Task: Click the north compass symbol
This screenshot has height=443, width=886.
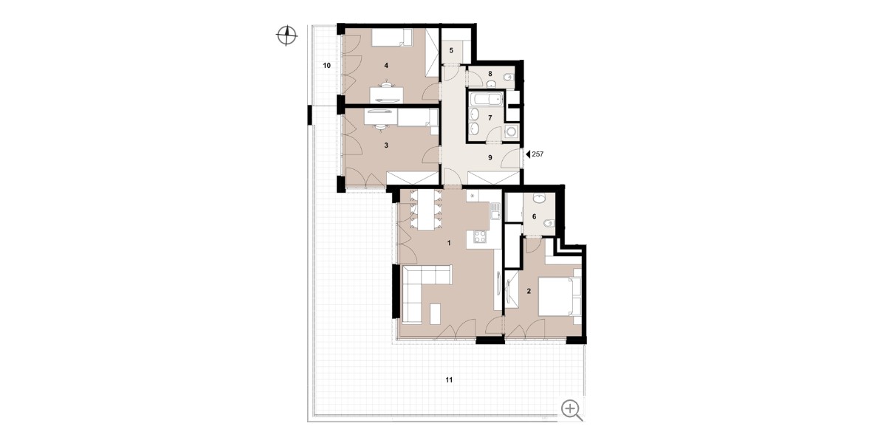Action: pos(286,35)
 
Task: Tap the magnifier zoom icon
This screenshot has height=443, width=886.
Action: pos(572,409)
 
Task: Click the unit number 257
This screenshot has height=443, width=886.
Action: pos(538,154)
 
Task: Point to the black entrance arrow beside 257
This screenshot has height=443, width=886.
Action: pos(528,154)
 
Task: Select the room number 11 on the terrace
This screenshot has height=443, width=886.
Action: pos(449,380)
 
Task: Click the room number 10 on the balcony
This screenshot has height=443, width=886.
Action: pos(326,66)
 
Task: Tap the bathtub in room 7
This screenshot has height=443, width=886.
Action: pos(486,99)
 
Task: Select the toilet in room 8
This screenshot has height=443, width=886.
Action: pos(508,78)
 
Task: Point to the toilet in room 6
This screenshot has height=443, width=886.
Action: pos(548,224)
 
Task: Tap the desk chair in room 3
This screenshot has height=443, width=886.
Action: pos(104,126)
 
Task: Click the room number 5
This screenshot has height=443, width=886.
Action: pos(451,51)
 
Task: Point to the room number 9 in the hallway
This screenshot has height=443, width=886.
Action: pos(490,158)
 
